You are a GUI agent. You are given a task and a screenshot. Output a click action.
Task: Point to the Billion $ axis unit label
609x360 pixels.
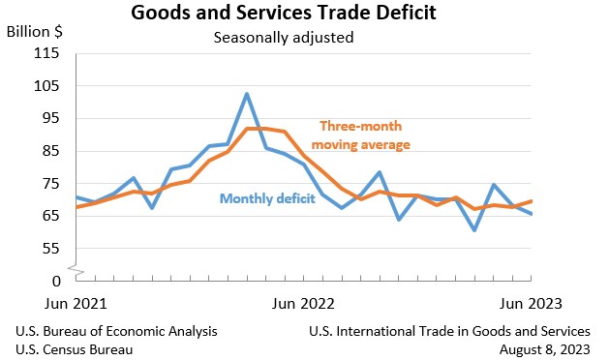35,31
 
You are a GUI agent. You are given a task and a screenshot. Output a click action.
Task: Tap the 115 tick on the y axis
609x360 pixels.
46,53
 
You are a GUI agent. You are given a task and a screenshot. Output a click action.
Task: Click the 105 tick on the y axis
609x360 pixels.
46,86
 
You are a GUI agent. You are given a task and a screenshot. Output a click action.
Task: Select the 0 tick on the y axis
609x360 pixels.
56,281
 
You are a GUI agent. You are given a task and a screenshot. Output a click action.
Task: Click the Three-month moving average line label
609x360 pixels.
365,135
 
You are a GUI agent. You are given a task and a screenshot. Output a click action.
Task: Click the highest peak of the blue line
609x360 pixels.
247,94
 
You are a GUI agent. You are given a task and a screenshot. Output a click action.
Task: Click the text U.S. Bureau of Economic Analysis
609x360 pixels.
116,331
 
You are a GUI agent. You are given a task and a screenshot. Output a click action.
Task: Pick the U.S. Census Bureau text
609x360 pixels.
75,348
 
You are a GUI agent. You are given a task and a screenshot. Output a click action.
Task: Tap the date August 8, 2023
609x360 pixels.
541,348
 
